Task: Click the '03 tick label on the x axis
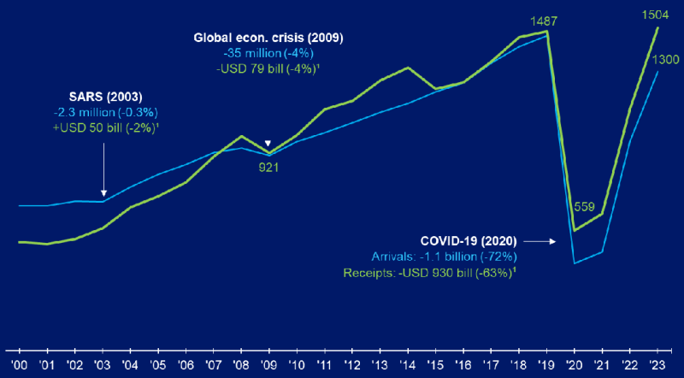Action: pyautogui.click(x=102, y=363)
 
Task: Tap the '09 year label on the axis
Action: pyautogui.click(x=268, y=363)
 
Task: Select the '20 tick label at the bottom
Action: pyautogui.click(x=575, y=363)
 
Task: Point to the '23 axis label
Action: pyautogui.click(x=657, y=363)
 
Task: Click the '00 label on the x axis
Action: pyautogui.click(x=18, y=363)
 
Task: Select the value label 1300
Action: pyautogui.click(x=665, y=59)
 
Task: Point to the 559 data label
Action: pyautogui.click(x=585, y=205)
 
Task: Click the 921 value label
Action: pyautogui.click(x=269, y=167)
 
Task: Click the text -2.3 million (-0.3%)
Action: pyautogui.click(x=105, y=111)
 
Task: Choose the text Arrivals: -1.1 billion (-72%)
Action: pyautogui.click(x=442, y=257)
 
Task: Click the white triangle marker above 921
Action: pyautogui.click(x=268, y=144)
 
